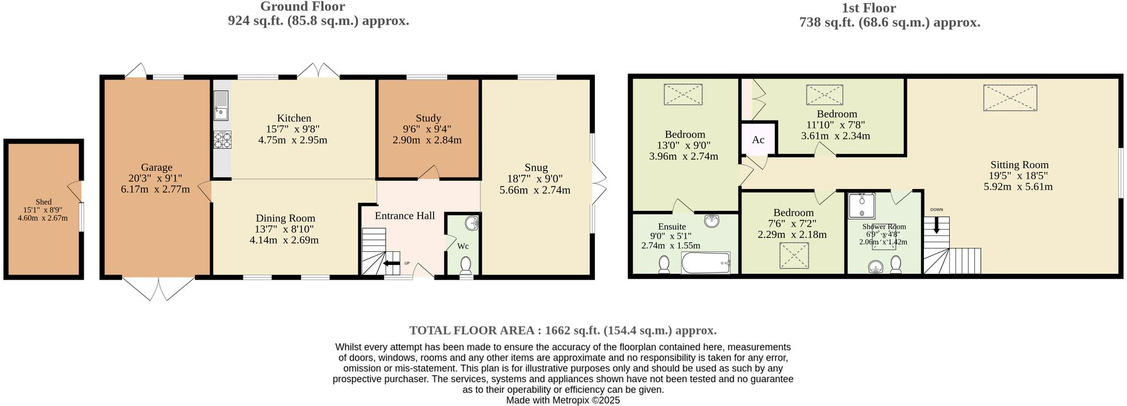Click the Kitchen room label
coord(294,118)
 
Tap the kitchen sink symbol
coord(221,105)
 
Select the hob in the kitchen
coord(223,140)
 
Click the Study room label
coord(428,118)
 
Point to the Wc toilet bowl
coord(466,265)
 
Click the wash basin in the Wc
coord(472,223)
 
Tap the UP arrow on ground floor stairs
coord(391,263)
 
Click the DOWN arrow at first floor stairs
coord(936,225)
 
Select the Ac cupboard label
coord(758,140)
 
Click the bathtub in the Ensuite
coord(706,262)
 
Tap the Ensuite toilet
coord(663,264)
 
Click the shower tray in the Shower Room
coord(862,206)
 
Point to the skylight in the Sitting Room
coord(1009,98)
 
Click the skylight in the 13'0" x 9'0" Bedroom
coord(683,94)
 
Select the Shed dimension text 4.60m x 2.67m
coord(43,218)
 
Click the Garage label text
coord(156,167)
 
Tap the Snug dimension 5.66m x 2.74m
coord(535,190)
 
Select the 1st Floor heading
coord(869,8)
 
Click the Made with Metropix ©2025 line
coord(563,400)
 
